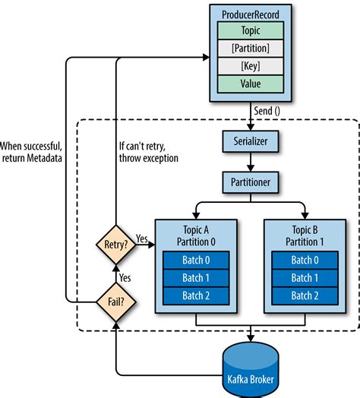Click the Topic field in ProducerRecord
[250, 31]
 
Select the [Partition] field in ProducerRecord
[250, 49]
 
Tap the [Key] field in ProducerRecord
[250, 66]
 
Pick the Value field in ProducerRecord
[250, 84]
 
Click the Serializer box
[249, 141]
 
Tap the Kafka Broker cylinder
[249, 369]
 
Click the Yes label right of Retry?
[142, 238]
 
